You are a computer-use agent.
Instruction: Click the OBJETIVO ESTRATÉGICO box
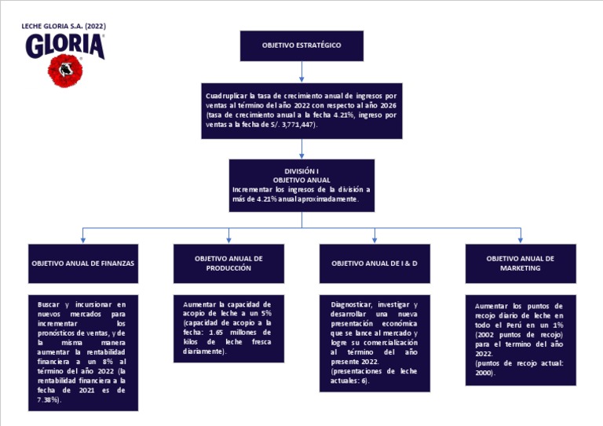[x=301, y=46]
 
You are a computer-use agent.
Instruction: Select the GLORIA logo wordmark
[x=65, y=46]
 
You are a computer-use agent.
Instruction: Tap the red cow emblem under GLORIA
[x=65, y=71]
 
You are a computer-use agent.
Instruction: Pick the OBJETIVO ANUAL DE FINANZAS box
[x=83, y=264]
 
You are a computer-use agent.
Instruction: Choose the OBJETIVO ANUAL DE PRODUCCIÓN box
[x=228, y=263]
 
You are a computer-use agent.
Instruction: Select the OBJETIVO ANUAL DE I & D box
[x=375, y=264]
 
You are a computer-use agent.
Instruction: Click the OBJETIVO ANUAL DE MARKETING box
[x=521, y=263]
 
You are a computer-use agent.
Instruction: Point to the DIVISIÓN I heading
[x=301, y=171]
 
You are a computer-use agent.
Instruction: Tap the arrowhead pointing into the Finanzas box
[x=83, y=239]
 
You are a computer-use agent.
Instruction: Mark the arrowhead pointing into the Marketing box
[x=521, y=239]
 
